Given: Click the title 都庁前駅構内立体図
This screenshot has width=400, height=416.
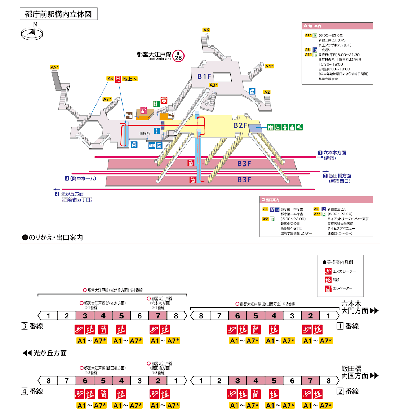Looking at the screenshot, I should coord(58,14).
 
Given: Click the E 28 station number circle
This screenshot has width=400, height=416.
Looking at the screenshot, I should coord(178,56).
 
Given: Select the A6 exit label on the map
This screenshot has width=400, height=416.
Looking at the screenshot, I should coord(206,30).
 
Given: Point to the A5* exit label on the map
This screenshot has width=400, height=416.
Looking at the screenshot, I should coord(54,67).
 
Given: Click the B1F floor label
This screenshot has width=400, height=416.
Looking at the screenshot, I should coord(204,76).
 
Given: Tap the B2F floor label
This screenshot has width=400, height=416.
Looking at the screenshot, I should coord(240,125).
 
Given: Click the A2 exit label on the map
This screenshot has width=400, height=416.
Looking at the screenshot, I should coord(267,92).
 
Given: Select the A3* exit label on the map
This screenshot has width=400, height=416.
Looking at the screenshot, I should coord(214,85).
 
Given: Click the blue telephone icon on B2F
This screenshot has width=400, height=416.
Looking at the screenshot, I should coord(157,131).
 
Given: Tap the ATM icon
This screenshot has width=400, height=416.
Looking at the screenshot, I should coord(152,146).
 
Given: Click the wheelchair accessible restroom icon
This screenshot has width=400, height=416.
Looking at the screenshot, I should coord(278,127).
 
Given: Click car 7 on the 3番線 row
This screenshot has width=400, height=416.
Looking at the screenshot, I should coord(158,316).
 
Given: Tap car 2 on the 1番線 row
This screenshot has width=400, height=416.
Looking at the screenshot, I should coord(310,316).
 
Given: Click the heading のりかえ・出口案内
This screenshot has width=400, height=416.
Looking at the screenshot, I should coord(53,238).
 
